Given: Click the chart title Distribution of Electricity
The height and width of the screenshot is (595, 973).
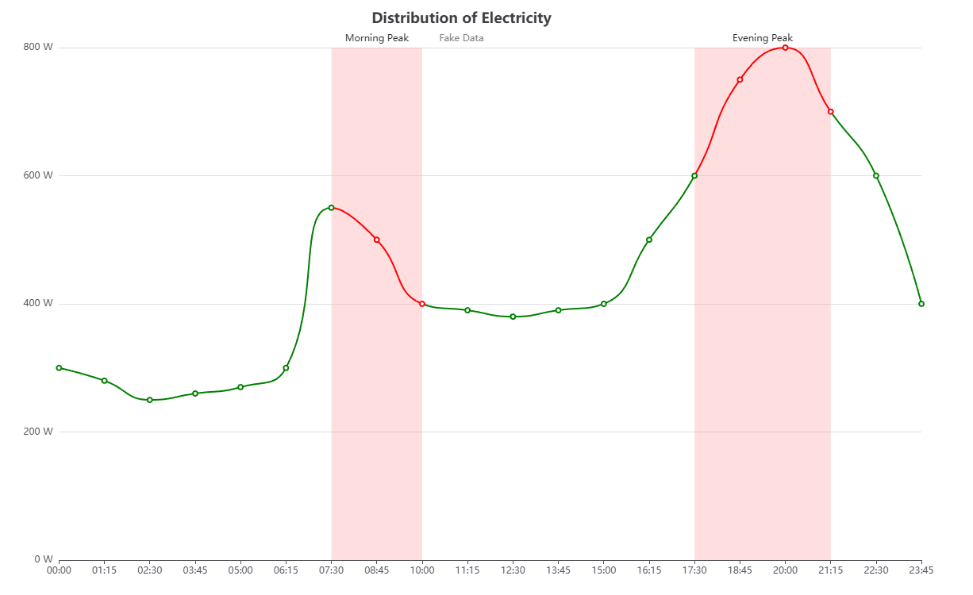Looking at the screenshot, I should coord(461,17).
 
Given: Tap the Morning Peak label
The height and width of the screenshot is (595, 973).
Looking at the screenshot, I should coord(376,38).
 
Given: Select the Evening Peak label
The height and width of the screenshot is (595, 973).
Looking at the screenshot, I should coord(762,38).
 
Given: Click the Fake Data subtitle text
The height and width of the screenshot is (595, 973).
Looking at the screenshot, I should coord(461,38).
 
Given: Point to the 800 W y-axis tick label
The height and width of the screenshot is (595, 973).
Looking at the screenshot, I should coord(38,47).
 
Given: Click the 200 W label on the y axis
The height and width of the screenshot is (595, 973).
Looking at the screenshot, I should coord(38,432).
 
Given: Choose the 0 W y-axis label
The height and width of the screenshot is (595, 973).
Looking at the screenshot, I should coord(43,559).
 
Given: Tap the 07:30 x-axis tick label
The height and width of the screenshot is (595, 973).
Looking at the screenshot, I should coord(331,570).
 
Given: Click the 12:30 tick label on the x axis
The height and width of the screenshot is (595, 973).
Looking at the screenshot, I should coord(513,570).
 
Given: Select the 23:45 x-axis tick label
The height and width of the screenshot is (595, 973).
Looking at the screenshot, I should coord(921,570).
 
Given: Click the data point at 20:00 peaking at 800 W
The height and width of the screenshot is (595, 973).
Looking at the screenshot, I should coord(785,48).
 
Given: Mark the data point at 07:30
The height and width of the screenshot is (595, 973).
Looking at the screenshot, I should coord(331,208).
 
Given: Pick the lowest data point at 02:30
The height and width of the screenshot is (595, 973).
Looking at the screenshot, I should coord(149,400).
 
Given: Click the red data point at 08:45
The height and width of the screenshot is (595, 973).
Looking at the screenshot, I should coord(376,240).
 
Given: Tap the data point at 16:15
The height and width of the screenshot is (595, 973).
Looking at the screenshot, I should coord(648,240).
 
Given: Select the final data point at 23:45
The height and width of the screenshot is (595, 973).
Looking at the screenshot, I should coord(921,304).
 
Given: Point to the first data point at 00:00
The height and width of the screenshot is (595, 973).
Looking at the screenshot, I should coord(59,368).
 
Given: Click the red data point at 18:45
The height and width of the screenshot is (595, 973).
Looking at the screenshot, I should coord(740,79).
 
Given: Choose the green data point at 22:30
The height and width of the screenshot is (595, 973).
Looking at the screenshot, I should coord(875,175).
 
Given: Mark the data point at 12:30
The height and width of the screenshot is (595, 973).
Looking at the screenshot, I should coord(513,317).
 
